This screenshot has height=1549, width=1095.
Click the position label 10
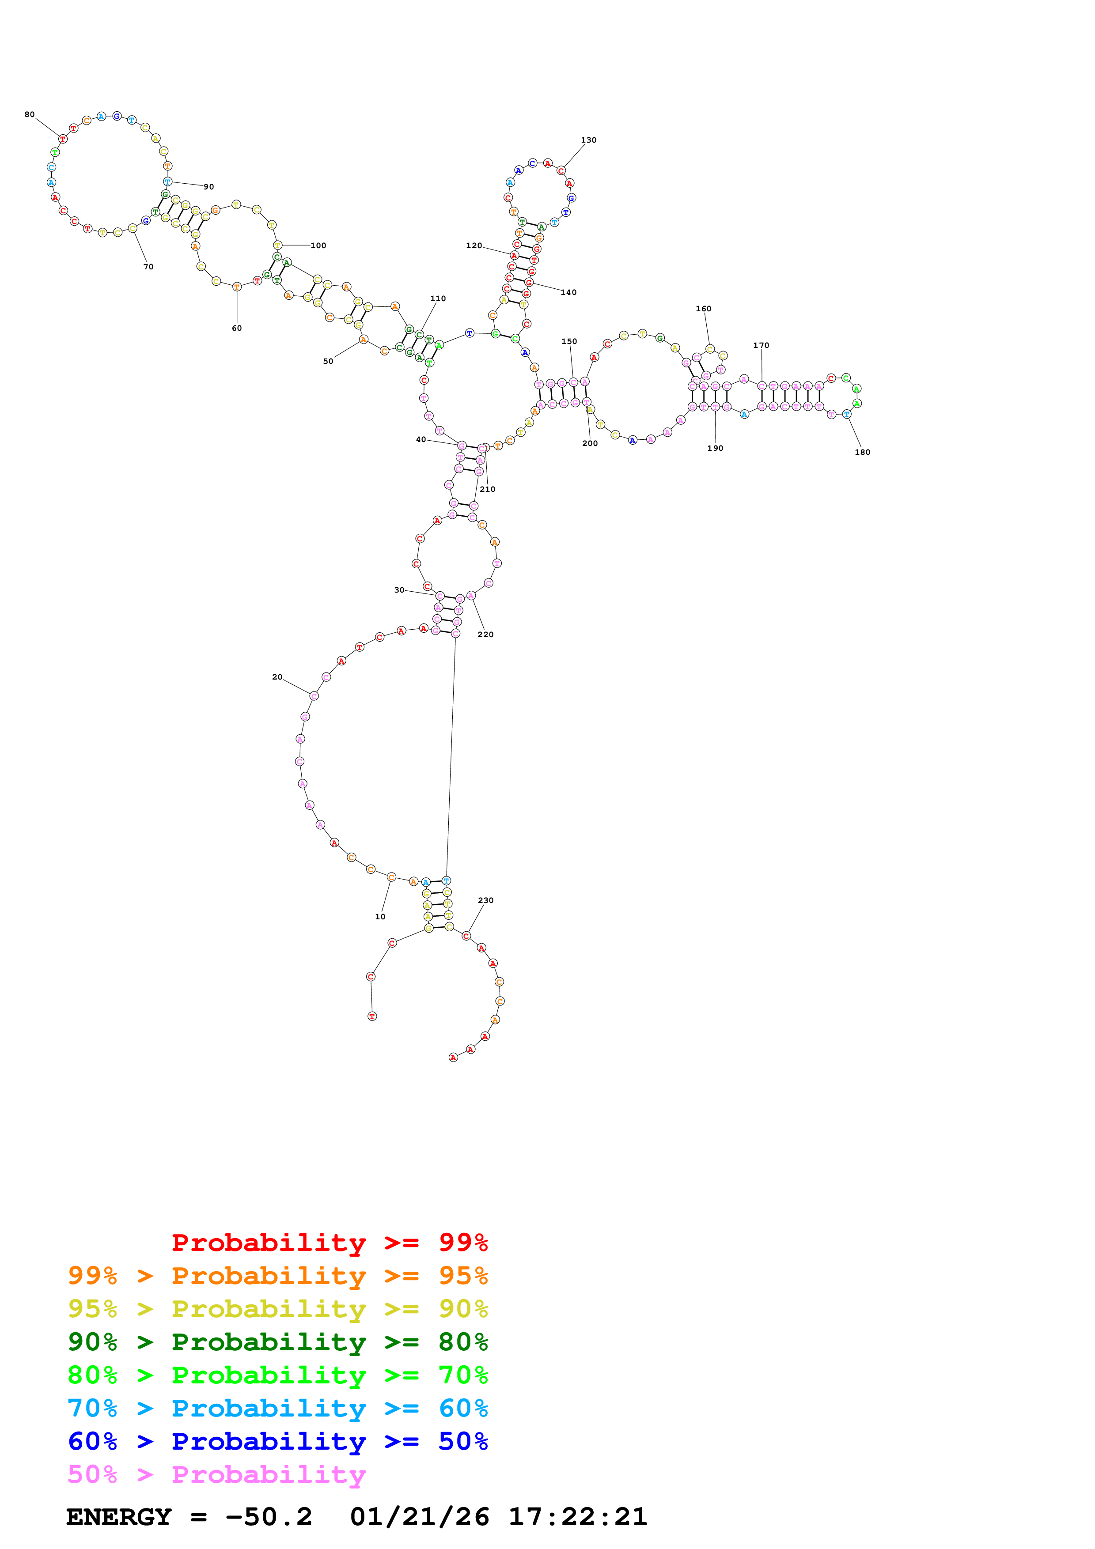click(380, 916)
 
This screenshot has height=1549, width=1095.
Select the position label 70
click(148, 267)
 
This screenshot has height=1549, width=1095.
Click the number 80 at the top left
click(30, 115)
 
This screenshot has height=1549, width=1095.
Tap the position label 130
click(588, 140)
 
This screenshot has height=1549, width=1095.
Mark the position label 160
click(703, 309)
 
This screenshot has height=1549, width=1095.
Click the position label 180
click(862, 452)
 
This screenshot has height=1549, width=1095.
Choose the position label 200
click(590, 443)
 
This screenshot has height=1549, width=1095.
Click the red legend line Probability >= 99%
click(329, 1242)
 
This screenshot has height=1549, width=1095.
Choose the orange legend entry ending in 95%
click(277, 1275)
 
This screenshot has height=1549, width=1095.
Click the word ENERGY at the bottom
click(119, 1517)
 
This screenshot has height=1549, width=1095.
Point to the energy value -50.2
click(269, 1517)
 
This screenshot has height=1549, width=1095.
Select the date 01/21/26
click(420, 1517)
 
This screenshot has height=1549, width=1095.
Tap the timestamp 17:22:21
click(577, 1517)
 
